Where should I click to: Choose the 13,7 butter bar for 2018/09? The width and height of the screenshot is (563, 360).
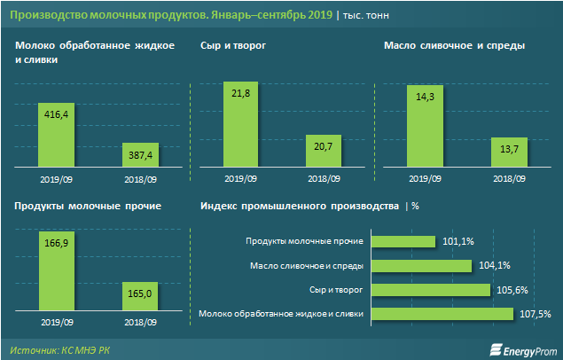click(x=509, y=152)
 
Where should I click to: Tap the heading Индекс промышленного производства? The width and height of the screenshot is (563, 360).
click(x=301, y=206)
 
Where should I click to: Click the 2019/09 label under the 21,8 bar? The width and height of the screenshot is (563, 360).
click(x=240, y=178)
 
